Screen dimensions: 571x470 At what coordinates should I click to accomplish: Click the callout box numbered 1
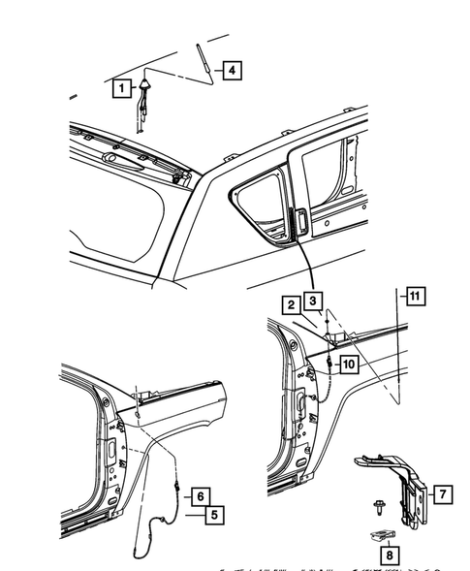(x=121, y=89)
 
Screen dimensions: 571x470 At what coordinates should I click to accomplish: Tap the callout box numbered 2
(x=291, y=304)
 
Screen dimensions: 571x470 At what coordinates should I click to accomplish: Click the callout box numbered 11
(x=414, y=297)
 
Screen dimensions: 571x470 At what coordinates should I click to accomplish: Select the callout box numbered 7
(x=440, y=495)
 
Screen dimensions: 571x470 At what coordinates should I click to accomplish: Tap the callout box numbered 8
(x=389, y=555)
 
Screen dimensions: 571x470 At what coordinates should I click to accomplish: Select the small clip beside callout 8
(x=383, y=534)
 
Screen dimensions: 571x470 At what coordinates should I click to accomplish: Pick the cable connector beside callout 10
(x=330, y=362)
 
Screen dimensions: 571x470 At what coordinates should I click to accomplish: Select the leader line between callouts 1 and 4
(x=176, y=76)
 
